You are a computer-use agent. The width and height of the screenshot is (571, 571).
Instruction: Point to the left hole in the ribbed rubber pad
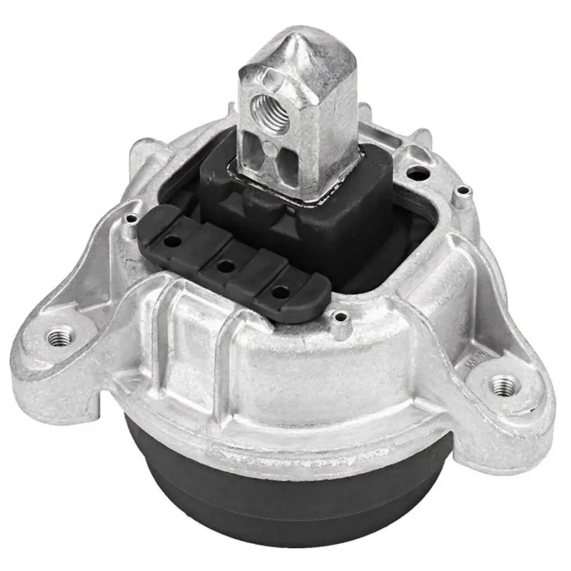coord(171,242)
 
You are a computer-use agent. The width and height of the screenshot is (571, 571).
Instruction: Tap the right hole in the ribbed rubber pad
coord(279,291)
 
